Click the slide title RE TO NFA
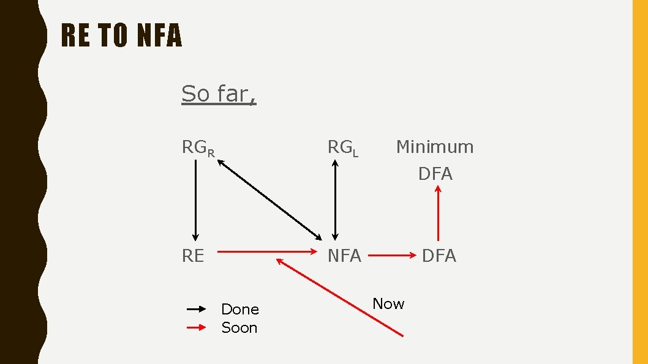122,36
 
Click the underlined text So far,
219,94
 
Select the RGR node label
197,148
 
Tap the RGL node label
342,148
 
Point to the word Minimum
435,147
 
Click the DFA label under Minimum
435,174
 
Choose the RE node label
193,256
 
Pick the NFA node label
344,256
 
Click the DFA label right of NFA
439,256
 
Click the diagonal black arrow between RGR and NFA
270,199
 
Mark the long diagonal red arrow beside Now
340,297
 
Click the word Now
388,303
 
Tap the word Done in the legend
239,309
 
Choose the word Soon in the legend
239,327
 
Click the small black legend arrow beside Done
197,310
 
